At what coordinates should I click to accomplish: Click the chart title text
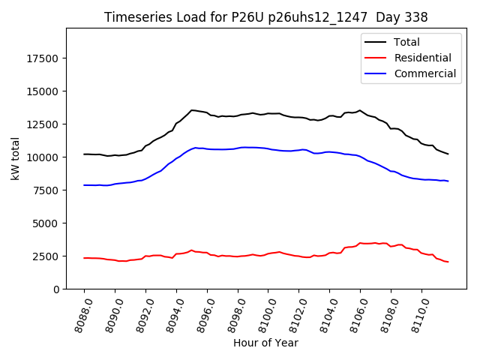coord(266,17)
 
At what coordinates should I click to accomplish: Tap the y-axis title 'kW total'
coord(15,158)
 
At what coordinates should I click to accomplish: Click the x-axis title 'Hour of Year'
coord(265,343)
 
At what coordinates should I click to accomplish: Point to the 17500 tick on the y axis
coord(43,58)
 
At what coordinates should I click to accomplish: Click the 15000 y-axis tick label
coord(43,91)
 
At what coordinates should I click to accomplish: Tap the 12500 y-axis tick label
coord(43,124)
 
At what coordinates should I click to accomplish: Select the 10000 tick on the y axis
coord(43,157)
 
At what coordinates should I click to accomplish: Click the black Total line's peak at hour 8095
coord(192,110)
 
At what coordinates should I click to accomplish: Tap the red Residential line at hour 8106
coord(360,243)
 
